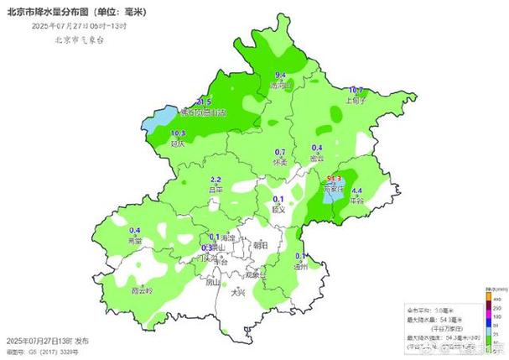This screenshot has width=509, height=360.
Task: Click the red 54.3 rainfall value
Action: [334, 179]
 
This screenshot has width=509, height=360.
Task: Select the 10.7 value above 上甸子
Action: [356, 90]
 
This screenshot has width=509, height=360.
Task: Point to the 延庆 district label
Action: [178, 143]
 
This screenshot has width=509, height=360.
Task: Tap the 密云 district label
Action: [318, 158]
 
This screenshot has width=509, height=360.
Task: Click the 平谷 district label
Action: [357, 201]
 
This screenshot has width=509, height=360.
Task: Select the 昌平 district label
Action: [216, 190]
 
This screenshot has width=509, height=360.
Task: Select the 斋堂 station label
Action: [134, 241]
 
